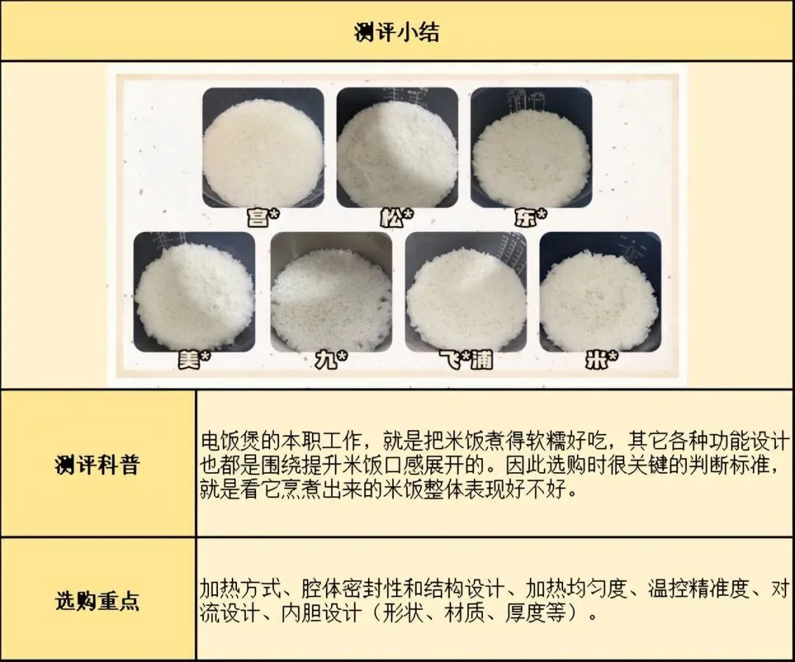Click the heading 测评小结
click(x=397, y=32)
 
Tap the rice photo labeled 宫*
click(x=263, y=147)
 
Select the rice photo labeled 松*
click(x=397, y=147)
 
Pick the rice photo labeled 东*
click(x=531, y=147)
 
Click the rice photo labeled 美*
click(x=194, y=292)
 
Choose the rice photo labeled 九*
click(x=331, y=292)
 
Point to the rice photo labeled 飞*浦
click(x=466, y=292)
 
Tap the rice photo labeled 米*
click(x=601, y=292)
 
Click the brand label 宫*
click(x=263, y=217)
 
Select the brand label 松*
click(x=397, y=217)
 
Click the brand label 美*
click(x=194, y=360)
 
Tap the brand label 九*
click(x=331, y=360)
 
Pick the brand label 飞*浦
click(x=466, y=360)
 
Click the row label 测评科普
click(x=97, y=464)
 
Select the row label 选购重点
click(x=97, y=601)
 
